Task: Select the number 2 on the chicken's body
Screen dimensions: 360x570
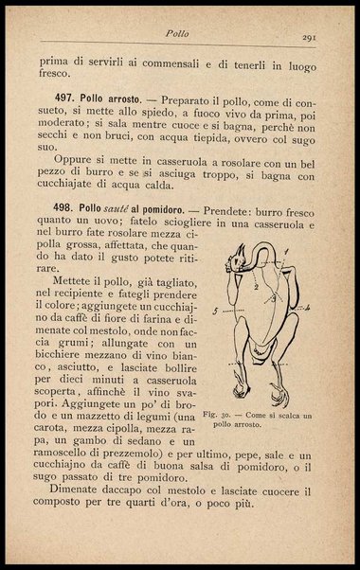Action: pyautogui.click(x=255, y=285)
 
